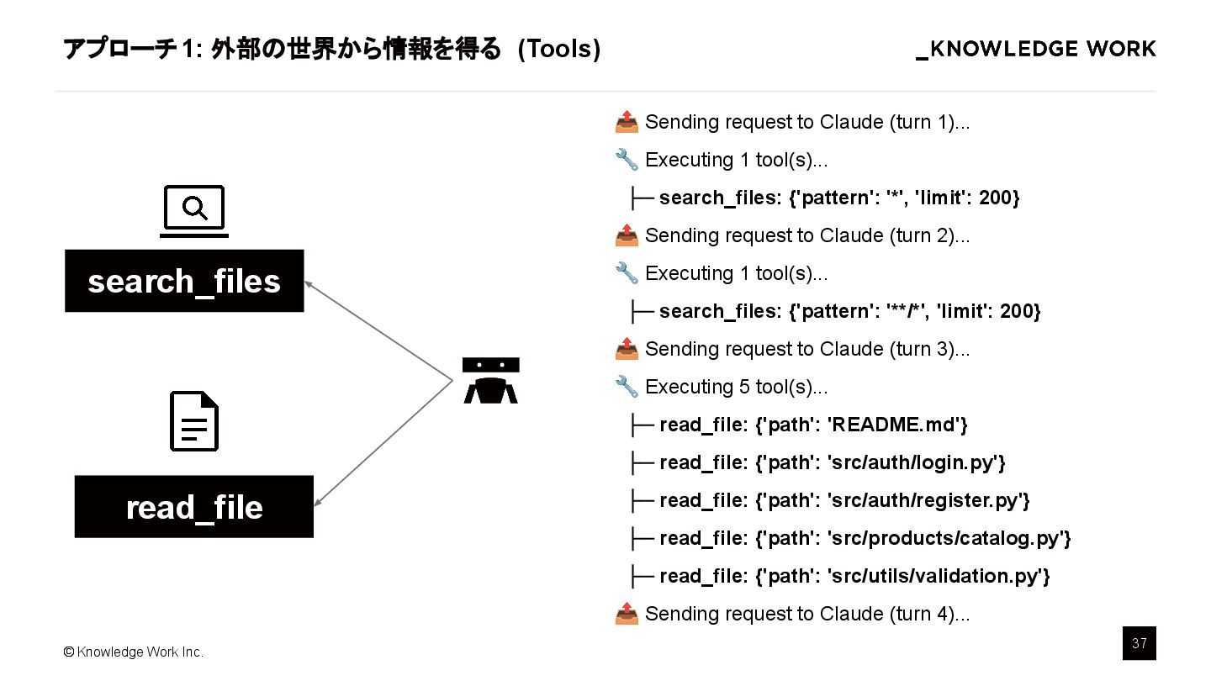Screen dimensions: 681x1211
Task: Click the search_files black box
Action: tap(184, 281)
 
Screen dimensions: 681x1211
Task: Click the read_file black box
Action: tap(194, 507)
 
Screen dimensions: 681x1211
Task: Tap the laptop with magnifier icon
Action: tap(194, 211)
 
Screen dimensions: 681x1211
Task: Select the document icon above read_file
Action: tap(194, 421)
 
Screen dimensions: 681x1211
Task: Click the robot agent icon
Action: tap(491, 380)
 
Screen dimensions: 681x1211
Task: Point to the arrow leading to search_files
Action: tap(378, 332)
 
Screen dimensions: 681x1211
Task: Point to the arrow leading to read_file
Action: tap(383, 444)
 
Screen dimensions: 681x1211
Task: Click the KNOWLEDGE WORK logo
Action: tap(1036, 50)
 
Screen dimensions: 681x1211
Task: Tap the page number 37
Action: tap(1139, 644)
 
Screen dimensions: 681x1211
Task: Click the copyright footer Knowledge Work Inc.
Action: tap(134, 652)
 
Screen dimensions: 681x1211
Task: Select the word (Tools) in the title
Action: tap(558, 50)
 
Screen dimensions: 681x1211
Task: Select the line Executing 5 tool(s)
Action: tap(736, 388)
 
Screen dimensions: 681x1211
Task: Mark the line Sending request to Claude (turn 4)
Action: tap(806, 615)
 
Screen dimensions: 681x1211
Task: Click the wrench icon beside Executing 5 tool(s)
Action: tap(627, 388)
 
